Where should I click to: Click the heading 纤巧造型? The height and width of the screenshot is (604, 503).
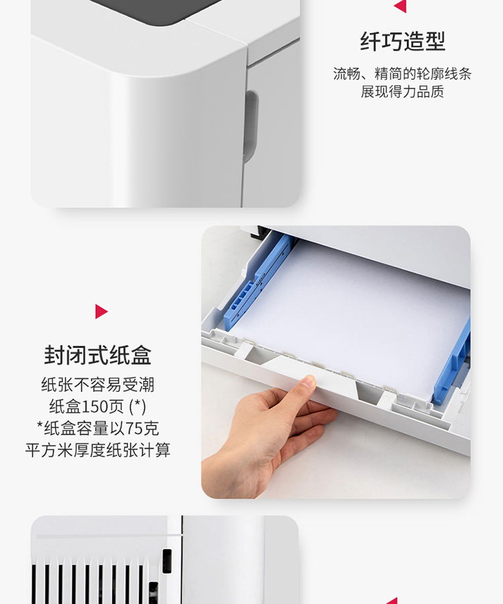pos(402,42)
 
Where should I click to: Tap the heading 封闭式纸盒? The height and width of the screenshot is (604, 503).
pos(97,355)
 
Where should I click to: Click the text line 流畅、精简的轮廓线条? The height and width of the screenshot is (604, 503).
pos(402,74)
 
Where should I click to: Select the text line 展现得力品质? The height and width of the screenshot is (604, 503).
pos(402,92)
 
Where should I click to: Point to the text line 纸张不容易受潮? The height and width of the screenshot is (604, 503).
pos(98,385)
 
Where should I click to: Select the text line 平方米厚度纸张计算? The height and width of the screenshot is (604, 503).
pos(98,450)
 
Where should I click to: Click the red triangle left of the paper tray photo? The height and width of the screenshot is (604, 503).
pos(101,311)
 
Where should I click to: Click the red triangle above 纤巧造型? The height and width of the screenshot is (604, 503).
pos(401,6)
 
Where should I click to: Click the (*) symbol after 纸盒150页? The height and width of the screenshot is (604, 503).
pos(137,407)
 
